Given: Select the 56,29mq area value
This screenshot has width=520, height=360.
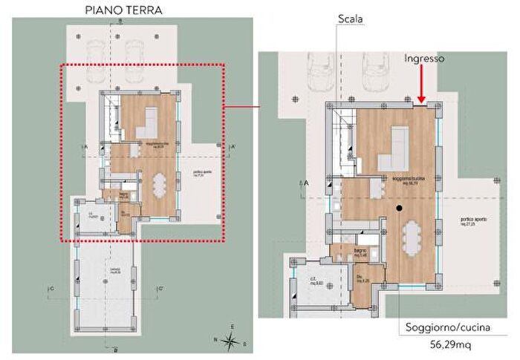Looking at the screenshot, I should [443, 345].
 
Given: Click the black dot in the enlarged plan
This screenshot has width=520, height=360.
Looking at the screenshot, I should [400, 209].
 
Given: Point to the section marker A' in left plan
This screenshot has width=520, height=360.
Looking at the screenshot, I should [233, 148].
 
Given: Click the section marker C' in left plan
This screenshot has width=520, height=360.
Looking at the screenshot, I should [160, 288].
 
